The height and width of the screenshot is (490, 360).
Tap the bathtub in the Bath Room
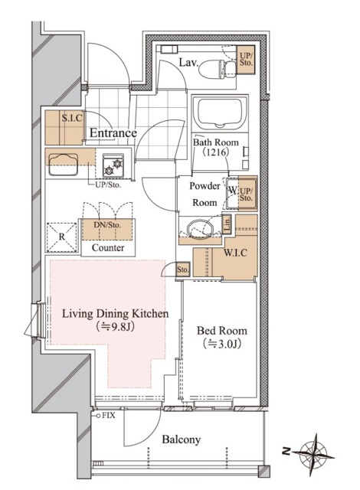point(219,113)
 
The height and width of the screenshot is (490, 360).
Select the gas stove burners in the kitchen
point(113,166)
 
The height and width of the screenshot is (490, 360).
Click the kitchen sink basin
point(63,165)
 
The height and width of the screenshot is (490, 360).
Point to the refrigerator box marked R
point(62,237)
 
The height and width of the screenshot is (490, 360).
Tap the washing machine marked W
point(233,194)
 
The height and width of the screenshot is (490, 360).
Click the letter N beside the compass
point(285,451)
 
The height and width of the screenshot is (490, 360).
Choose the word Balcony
point(182,439)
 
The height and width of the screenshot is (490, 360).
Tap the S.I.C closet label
point(72,118)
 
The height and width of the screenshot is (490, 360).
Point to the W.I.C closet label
point(235,253)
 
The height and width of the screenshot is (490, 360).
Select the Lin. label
point(227,224)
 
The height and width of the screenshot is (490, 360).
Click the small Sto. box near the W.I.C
point(183,269)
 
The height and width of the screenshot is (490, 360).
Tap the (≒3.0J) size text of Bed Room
point(221,344)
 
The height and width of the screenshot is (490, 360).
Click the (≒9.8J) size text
point(115,327)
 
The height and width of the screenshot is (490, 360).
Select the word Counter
point(108,248)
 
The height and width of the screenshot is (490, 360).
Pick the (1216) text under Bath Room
point(216,152)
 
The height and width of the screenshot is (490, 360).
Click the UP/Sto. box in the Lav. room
point(246,60)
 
